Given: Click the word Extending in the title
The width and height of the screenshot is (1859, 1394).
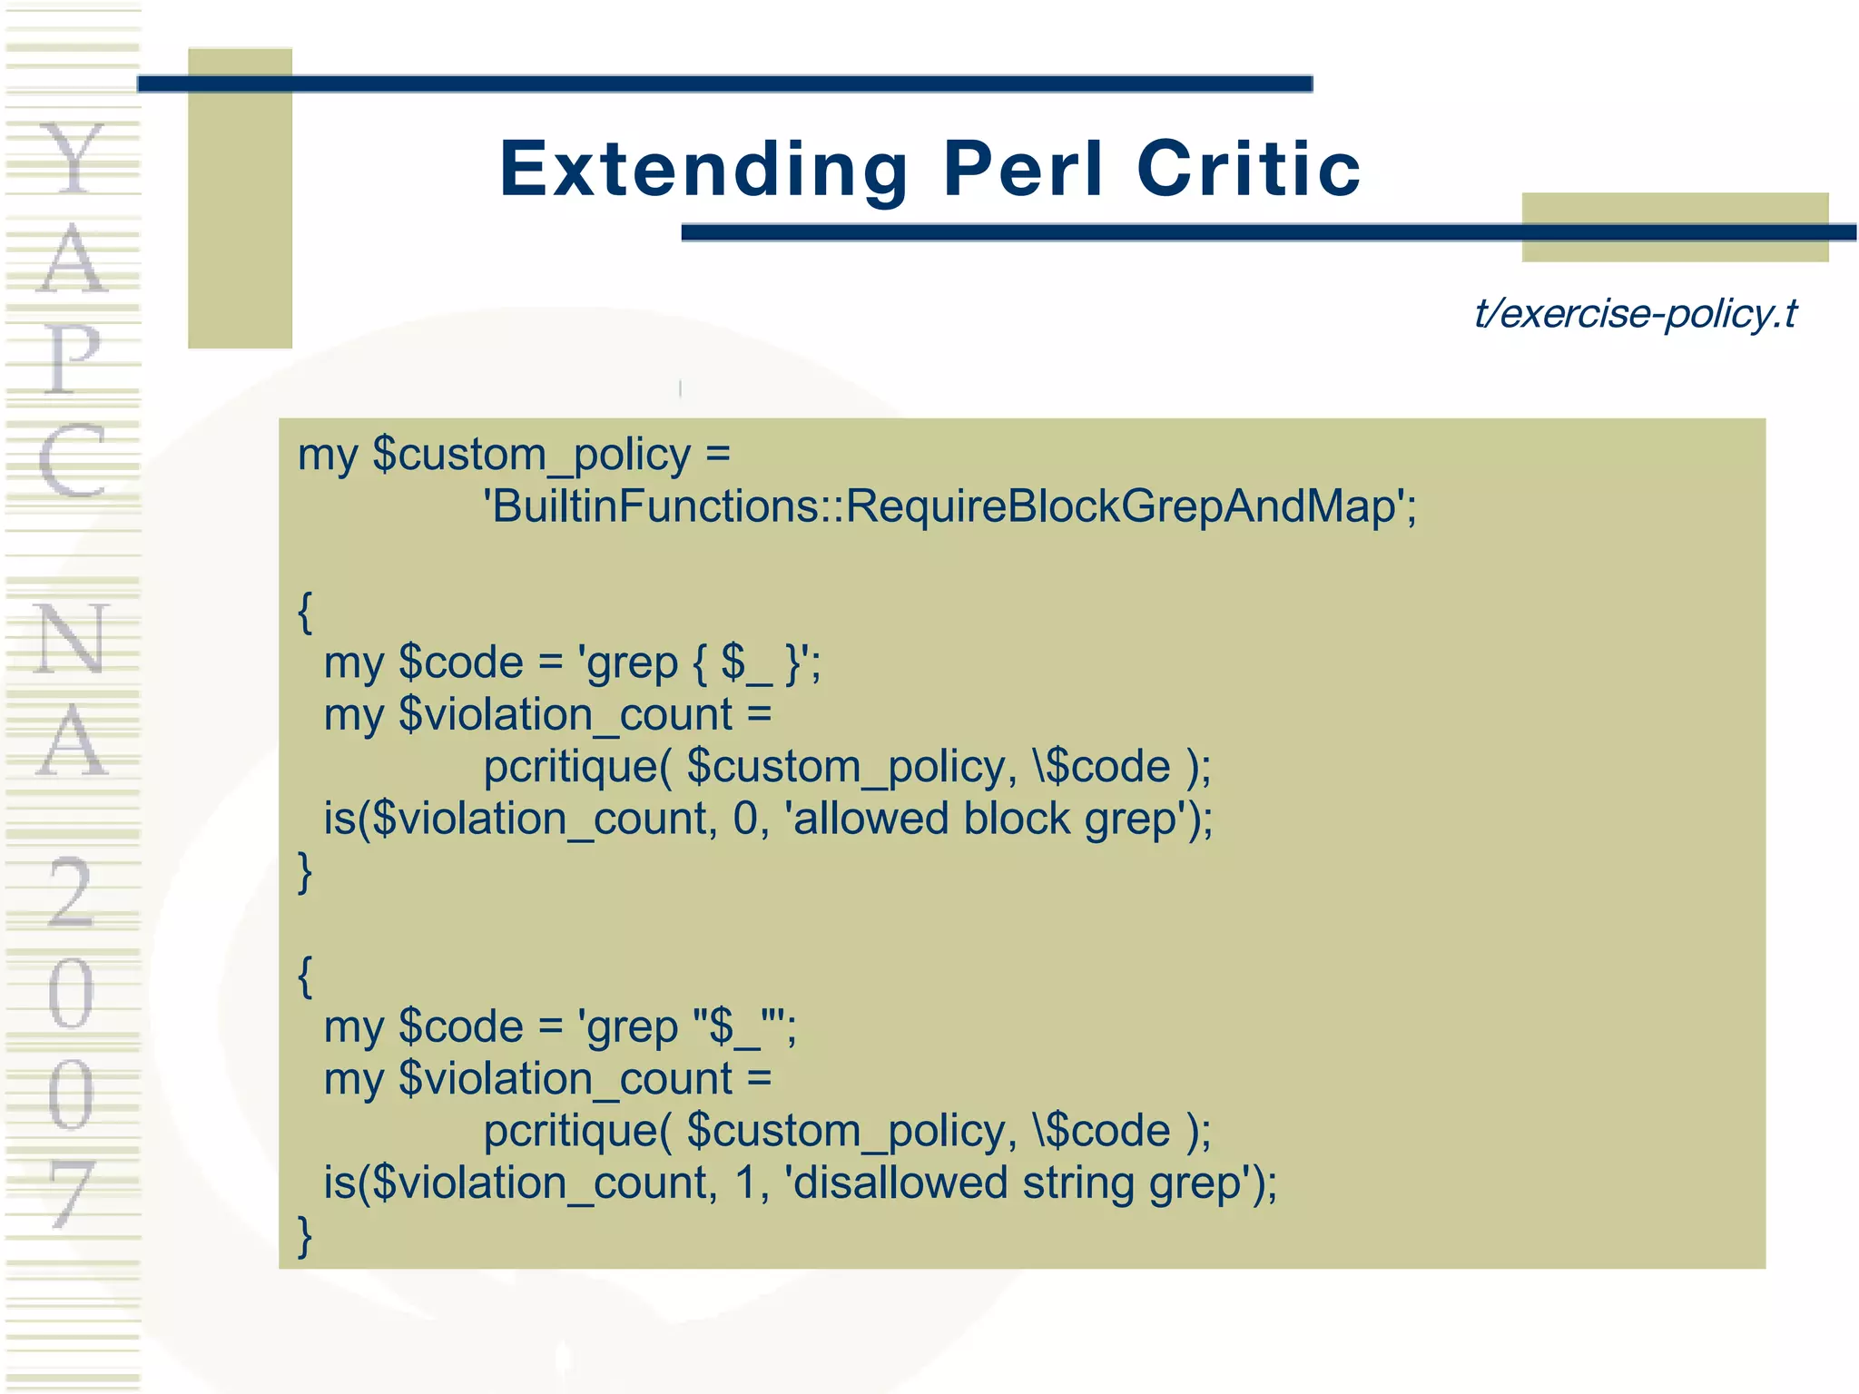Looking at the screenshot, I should tap(703, 169).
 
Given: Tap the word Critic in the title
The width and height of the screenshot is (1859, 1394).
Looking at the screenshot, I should tap(1249, 169).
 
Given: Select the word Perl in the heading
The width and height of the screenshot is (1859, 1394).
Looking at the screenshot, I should tap(1024, 169).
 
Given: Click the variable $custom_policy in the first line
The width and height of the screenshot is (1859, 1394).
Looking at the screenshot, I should tap(532, 455).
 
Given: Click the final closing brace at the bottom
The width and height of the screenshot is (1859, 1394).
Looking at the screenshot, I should tap(305, 1236).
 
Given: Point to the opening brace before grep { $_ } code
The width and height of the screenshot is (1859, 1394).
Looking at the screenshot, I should tap(305, 613).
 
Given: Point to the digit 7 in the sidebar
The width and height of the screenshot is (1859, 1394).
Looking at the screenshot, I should tap(71, 1193).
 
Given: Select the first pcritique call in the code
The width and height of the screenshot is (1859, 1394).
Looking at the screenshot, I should tap(846, 767).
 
